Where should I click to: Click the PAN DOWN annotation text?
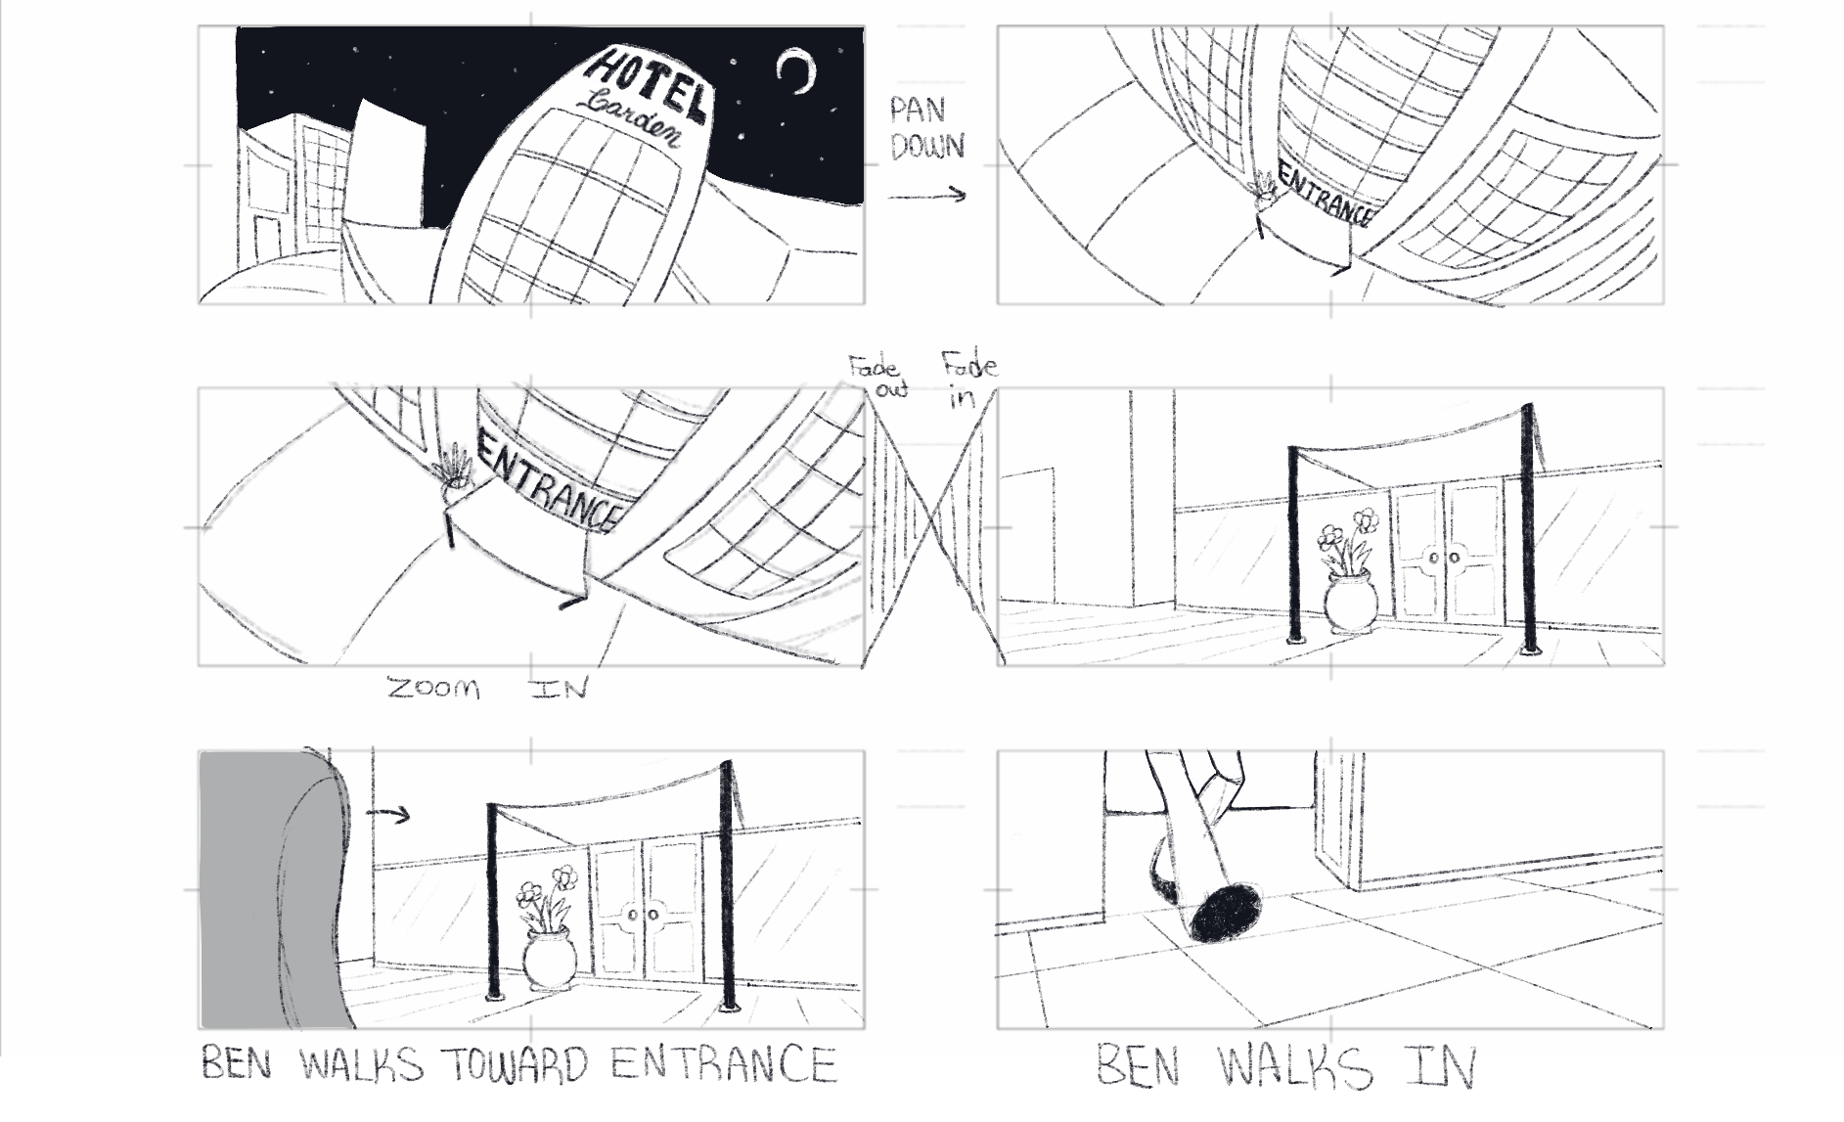(x=927, y=128)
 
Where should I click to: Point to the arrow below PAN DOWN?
(x=927, y=196)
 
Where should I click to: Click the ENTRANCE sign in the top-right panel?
(x=1324, y=197)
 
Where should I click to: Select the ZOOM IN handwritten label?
(x=487, y=689)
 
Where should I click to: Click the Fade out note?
(x=877, y=378)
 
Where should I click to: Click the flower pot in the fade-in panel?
(x=1350, y=603)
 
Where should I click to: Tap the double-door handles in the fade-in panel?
(x=1443, y=559)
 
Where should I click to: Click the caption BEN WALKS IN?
(x=1284, y=1067)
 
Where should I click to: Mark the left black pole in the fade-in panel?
(x=1295, y=545)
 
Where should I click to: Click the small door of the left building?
(x=267, y=245)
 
